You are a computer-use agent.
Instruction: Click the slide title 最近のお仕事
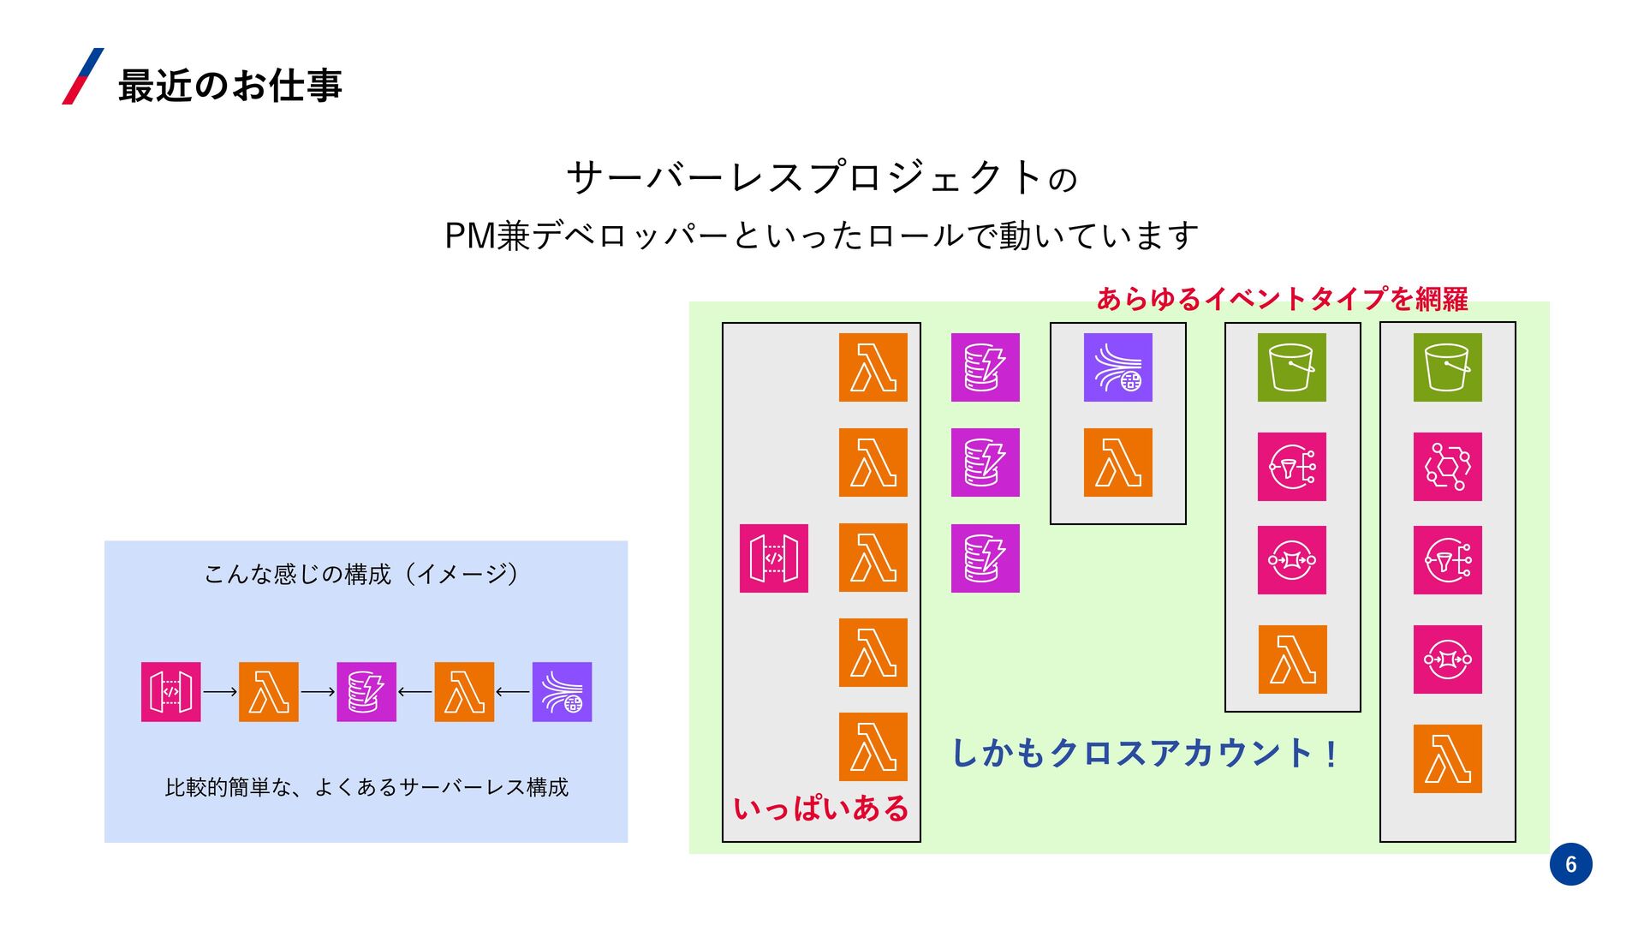(x=229, y=86)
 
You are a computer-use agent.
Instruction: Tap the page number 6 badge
(x=1570, y=864)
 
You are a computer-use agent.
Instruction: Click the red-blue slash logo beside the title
(x=83, y=77)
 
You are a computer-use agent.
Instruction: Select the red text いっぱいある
(x=820, y=809)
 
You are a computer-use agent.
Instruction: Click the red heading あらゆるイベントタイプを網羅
(x=1282, y=299)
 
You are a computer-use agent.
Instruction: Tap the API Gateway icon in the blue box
(x=171, y=692)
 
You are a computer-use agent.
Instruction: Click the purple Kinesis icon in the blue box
(x=562, y=692)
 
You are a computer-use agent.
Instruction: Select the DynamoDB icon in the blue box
(x=366, y=692)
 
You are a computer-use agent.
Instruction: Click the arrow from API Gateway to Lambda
(x=220, y=692)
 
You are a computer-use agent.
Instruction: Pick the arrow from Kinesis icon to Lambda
(x=513, y=692)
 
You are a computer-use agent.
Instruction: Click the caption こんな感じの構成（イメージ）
(x=361, y=574)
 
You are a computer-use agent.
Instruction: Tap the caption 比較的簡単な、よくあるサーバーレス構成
(x=366, y=787)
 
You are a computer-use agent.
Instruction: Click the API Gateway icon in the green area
(x=774, y=558)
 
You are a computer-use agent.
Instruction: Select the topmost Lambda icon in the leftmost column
(x=873, y=367)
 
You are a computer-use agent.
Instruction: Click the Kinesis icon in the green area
(x=1117, y=367)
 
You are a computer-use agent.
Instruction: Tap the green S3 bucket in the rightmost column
(x=1447, y=367)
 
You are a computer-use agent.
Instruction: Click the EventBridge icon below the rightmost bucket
(x=1447, y=467)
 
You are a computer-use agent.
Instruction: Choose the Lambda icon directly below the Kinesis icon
(x=1117, y=462)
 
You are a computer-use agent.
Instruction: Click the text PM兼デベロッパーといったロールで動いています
(x=821, y=236)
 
